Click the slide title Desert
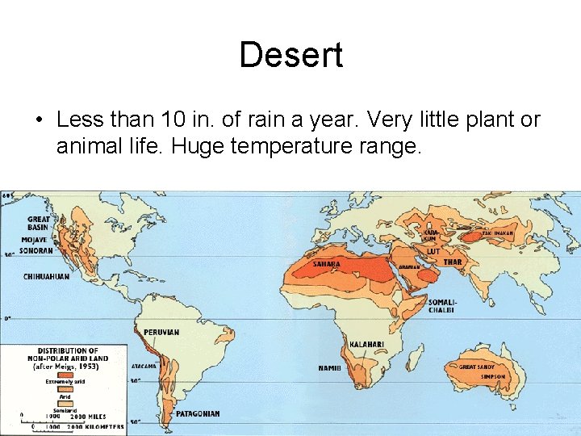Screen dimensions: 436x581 [x=290, y=55]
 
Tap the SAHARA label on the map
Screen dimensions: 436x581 [x=326, y=264]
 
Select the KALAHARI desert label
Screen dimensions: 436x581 [x=367, y=344]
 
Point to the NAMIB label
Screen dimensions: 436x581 [x=329, y=368]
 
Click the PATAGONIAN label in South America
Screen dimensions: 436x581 [x=199, y=413]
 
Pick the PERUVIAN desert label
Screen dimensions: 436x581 [x=161, y=332]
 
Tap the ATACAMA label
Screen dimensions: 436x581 [x=143, y=366]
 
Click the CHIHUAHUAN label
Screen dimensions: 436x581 [x=46, y=276]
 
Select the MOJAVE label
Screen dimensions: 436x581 [x=34, y=240]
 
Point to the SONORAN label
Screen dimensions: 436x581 [x=36, y=250]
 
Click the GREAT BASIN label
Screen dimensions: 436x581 [x=39, y=223]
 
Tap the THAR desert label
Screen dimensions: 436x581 [x=453, y=262]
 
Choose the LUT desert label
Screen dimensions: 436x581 [x=433, y=251]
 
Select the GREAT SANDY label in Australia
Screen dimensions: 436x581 [x=478, y=367]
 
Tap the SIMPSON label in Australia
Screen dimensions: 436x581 [x=492, y=376]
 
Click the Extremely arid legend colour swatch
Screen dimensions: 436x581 [x=64, y=376]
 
